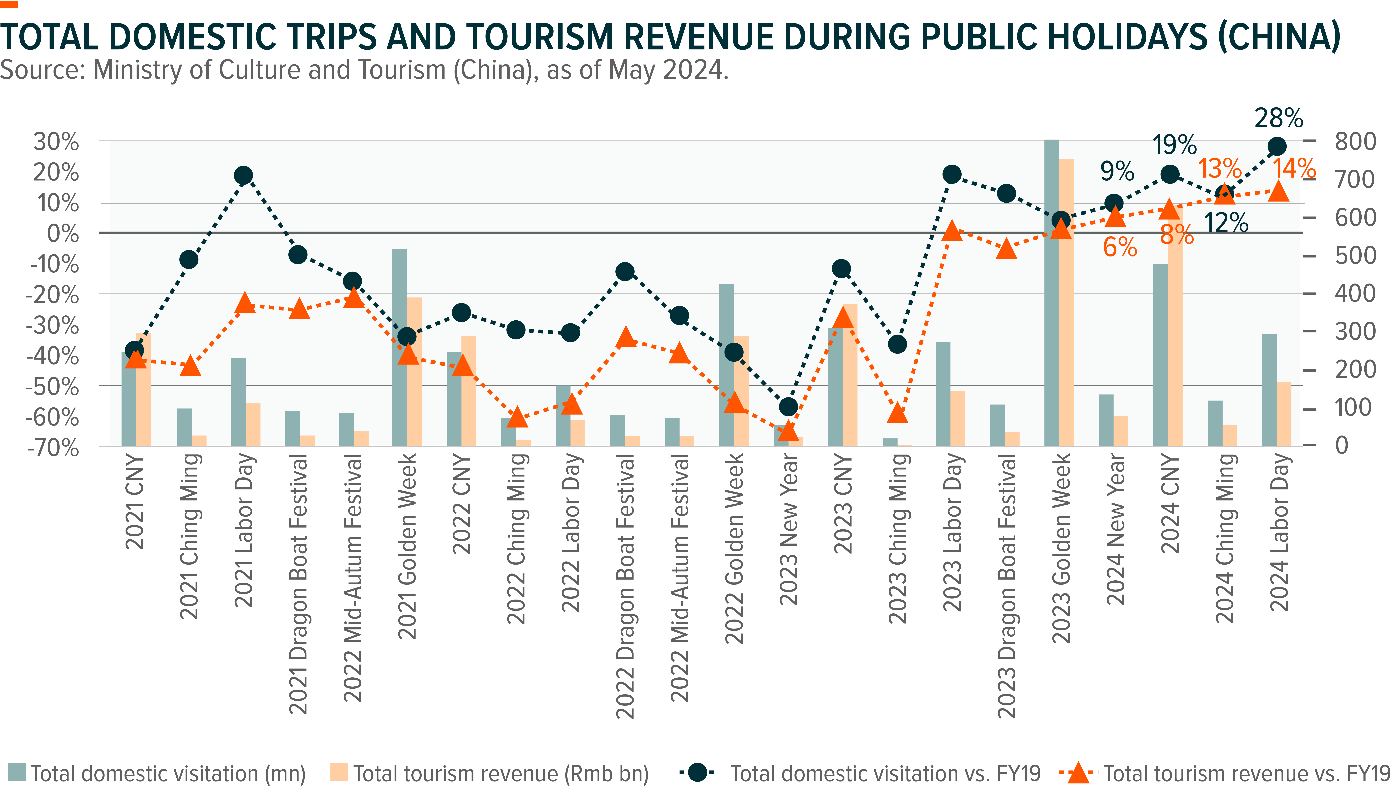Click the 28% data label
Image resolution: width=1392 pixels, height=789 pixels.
(x=1279, y=118)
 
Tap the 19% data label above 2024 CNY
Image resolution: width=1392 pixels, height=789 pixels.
(x=1174, y=145)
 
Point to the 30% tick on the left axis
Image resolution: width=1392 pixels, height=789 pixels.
(x=56, y=142)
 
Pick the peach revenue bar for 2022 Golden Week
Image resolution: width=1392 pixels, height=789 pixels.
(x=741, y=391)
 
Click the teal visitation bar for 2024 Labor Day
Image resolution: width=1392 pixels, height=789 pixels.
(x=1269, y=390)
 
